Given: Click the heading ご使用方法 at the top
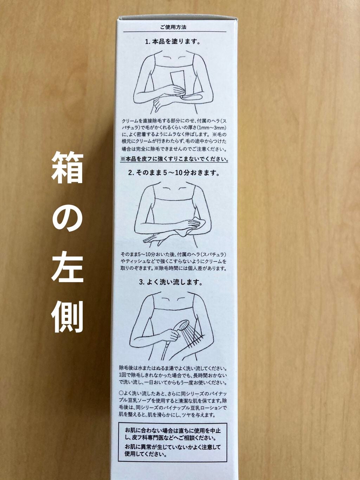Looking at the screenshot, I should point(173,27).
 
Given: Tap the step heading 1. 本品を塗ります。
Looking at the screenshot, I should point(173,42).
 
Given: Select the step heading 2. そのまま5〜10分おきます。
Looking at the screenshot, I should point(174,173).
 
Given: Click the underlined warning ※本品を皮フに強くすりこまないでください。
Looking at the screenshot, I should point(174,159).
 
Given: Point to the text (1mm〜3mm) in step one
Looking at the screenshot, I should point(211,127).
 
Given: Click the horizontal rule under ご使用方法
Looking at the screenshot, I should point(173,32).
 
